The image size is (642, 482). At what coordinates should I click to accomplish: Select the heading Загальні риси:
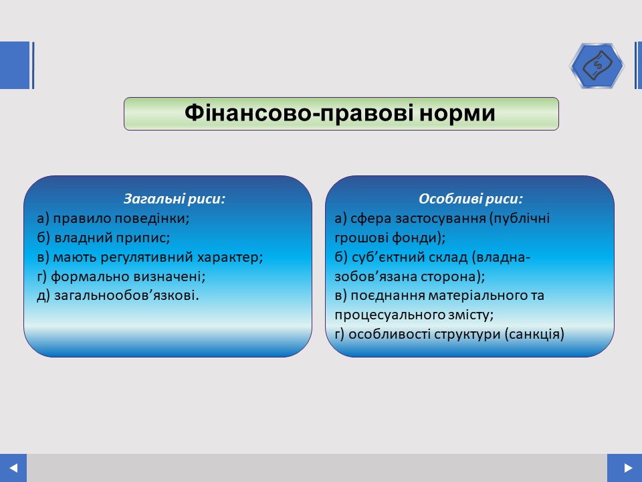(x=175, y=199)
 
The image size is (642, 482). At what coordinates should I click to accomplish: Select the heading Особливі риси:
(x=471, y=199)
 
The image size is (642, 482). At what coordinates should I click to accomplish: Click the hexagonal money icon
(x=597, y=66)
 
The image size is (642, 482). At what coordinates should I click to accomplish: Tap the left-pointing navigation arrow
(x=13, y=468)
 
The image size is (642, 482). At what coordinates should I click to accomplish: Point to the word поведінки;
(x=152, y=218)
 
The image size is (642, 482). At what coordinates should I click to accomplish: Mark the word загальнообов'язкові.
(x=126, y=295)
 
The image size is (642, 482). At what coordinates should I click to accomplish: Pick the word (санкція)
(x=534, y=335)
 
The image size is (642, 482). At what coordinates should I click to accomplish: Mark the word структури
(x=467, y=335)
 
